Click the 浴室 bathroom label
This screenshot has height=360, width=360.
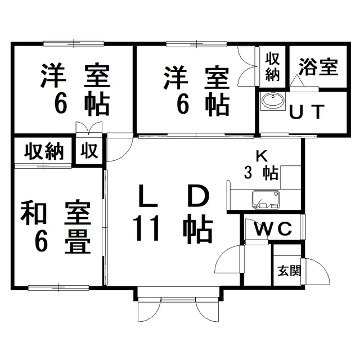click(318, 67)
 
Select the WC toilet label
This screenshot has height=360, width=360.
click(273, 229)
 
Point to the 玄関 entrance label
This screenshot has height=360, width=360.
click(289, 271)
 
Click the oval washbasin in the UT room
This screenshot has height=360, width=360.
click(273, 101)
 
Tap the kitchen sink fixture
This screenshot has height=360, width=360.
click(266, 200)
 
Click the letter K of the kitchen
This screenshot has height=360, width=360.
click(262, 157)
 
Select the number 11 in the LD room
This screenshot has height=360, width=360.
click(147, 229)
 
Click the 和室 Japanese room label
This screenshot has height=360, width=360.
click(55, 214)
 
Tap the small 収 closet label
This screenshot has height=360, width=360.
click(89, 151)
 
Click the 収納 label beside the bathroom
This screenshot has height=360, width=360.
click(272, 67)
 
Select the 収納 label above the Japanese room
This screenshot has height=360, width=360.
click(44, 151)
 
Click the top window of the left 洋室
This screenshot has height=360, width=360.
click(74, 43)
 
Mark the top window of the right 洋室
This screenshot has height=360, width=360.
click(196, 43)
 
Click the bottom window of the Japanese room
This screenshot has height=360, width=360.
click(58, 287)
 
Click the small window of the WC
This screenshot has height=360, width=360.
click(304, 227)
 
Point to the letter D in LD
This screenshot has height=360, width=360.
click(198, 196)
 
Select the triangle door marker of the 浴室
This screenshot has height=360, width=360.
click(297, 81)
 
